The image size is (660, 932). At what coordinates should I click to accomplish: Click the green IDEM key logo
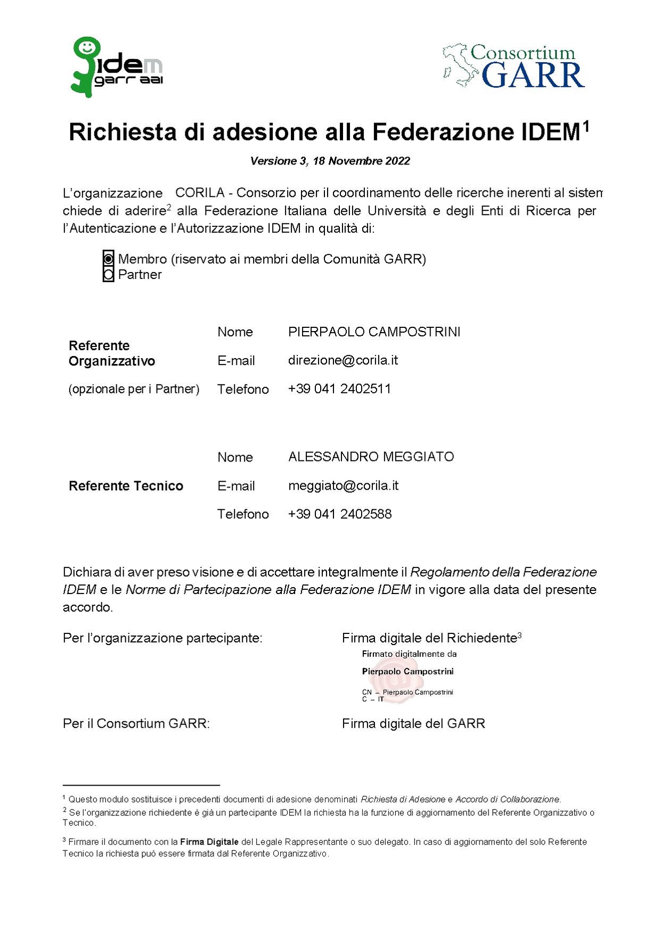116,67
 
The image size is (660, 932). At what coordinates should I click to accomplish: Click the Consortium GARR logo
514,67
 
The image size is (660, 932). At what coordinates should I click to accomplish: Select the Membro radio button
108,259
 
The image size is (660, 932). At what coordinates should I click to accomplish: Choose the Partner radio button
108,275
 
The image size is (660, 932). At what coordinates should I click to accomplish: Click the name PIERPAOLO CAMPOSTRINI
374,332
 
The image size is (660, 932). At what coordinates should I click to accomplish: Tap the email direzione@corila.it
343,360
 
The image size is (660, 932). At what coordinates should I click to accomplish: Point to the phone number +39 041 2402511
339,389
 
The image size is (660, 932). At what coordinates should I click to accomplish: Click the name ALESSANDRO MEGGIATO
371,457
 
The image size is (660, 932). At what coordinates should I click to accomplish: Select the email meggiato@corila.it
343,485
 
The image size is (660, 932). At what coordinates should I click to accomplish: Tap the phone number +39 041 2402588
339,514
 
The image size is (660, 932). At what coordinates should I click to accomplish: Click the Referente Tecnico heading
126,486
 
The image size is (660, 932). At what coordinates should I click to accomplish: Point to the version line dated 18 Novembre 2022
330,161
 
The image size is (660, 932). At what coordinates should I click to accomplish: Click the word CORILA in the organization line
200,193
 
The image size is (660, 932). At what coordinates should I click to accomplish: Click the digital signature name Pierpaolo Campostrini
408,672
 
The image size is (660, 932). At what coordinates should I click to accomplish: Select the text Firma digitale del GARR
413,724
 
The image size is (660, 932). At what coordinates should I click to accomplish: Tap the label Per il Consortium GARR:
136,724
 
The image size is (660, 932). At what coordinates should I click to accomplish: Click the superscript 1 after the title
586,126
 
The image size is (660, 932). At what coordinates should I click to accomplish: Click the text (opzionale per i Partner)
134,389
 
